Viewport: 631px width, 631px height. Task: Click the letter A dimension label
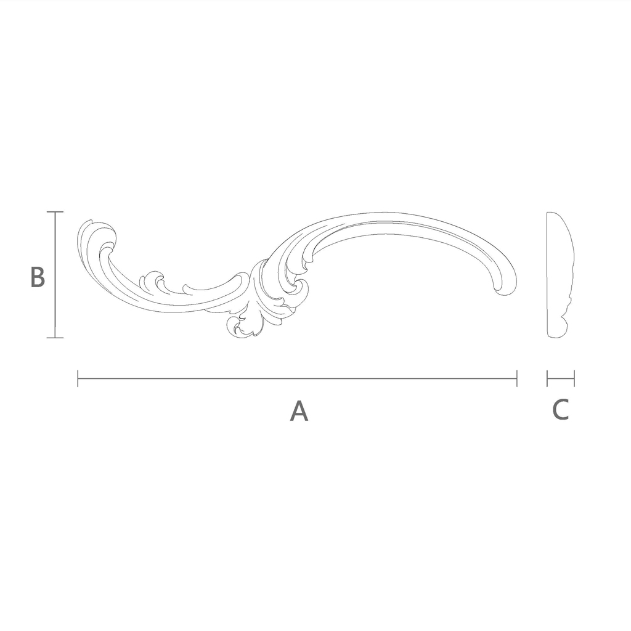pyautogui.click(x=299, y=410)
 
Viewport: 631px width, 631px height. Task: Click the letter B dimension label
pyautogui.click(x=38, y=277)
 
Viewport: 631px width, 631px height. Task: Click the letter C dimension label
pyautogui.click(x=561, y=409)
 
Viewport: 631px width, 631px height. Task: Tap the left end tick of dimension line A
pyautogui.click(x=78, y=379)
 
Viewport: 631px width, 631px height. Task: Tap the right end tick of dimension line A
pyautogui.click(x=517, y=379)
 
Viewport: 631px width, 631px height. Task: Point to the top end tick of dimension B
pyautogui.click(x=55, y=212)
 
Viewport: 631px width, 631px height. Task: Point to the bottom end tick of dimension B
pyautogui.click(x=55, y=338)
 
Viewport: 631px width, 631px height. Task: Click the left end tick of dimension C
pyautogui.click(x=547, y=379)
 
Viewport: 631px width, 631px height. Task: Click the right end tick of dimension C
pyautogui.click(x=574, y=379)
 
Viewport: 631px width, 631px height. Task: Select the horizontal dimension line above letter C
pyautogui.click(x=561, y=379)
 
